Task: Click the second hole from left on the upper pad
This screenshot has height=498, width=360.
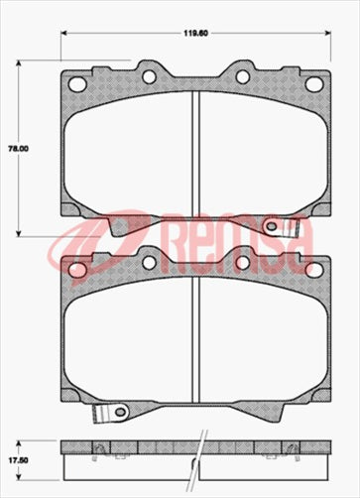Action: (149, 75)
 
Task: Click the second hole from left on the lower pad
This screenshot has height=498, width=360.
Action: (149, 261)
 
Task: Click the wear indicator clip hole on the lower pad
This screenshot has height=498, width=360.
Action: (121, 412)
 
